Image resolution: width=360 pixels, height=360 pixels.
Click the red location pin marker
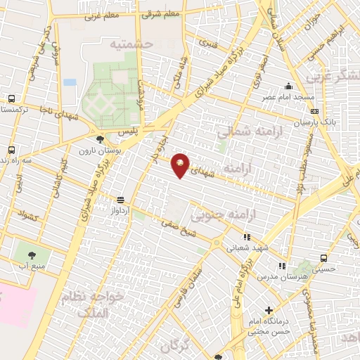point(181,165)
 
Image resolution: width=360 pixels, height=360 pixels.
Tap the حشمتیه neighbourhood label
point(131,44)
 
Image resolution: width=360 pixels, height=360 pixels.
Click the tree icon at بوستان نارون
point(103,139)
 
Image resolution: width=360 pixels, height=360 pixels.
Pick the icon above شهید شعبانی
point(246,237)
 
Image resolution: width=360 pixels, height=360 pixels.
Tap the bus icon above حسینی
point(323,258)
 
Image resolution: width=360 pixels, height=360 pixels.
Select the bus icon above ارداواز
point(122,199)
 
